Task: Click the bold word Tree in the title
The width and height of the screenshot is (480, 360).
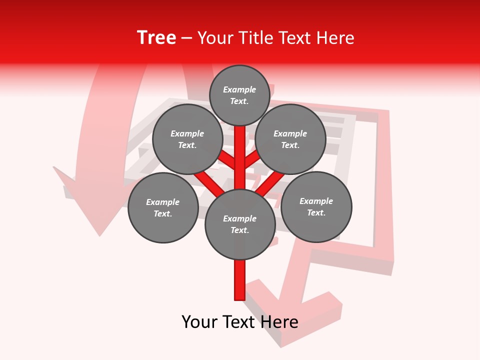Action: [156, 38]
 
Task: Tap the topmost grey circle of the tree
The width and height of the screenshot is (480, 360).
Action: [239, 95]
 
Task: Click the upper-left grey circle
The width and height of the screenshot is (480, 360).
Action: [187, 139]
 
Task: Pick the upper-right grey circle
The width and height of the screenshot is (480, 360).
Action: [290, 139]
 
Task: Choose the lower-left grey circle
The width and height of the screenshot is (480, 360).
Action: [163, 207]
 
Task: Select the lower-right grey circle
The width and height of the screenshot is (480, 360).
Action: [316, 206]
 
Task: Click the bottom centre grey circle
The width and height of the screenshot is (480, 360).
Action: [240, 224]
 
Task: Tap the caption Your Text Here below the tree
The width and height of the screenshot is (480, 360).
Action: [240, 322]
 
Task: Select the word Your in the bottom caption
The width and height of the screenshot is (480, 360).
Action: [199, 322]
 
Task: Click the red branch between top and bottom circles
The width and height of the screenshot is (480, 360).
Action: [240, 157]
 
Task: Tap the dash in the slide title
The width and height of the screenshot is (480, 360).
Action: [187, 38]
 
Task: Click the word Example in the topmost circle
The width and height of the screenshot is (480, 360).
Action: [239, 89]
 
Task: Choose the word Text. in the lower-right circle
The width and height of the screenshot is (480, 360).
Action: [316, 212]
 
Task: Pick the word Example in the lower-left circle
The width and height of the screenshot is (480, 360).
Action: [163, 202]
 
